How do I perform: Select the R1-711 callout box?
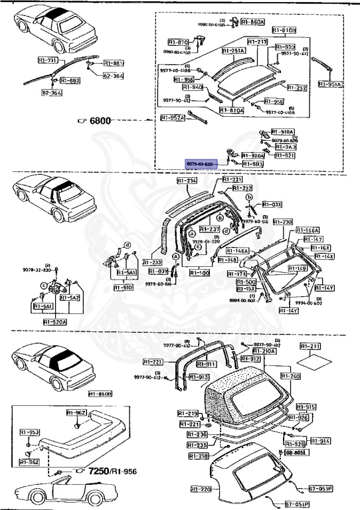click(47, 60)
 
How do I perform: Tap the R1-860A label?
click(253, 22)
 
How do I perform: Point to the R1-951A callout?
click(330, 84)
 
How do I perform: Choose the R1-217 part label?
click(258, 42)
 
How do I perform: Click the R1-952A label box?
click(173, 118)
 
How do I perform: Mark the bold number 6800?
click(100, 120)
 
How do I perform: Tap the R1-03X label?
click(272, 205)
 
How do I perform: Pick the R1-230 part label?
click(282, 222)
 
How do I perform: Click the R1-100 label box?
click(199, 272)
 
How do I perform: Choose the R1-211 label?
click(310, 346)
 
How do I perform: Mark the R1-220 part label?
click(201, 489)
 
